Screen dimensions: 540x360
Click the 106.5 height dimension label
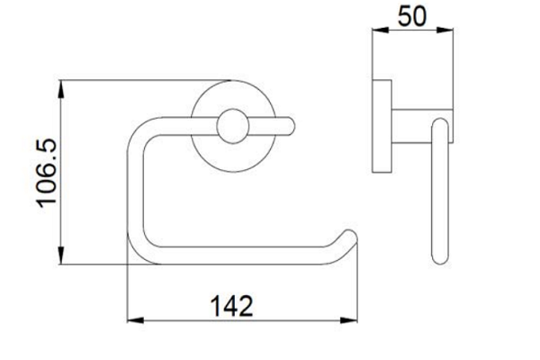47,173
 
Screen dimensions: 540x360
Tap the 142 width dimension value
232,306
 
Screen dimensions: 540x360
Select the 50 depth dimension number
412,16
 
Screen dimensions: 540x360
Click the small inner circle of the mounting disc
233,126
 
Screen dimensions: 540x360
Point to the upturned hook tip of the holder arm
349,237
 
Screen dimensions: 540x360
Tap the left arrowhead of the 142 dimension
135,320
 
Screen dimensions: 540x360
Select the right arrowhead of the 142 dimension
349,320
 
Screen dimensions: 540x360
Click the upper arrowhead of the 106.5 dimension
61,89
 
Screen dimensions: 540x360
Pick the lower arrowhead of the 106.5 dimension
61,256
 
